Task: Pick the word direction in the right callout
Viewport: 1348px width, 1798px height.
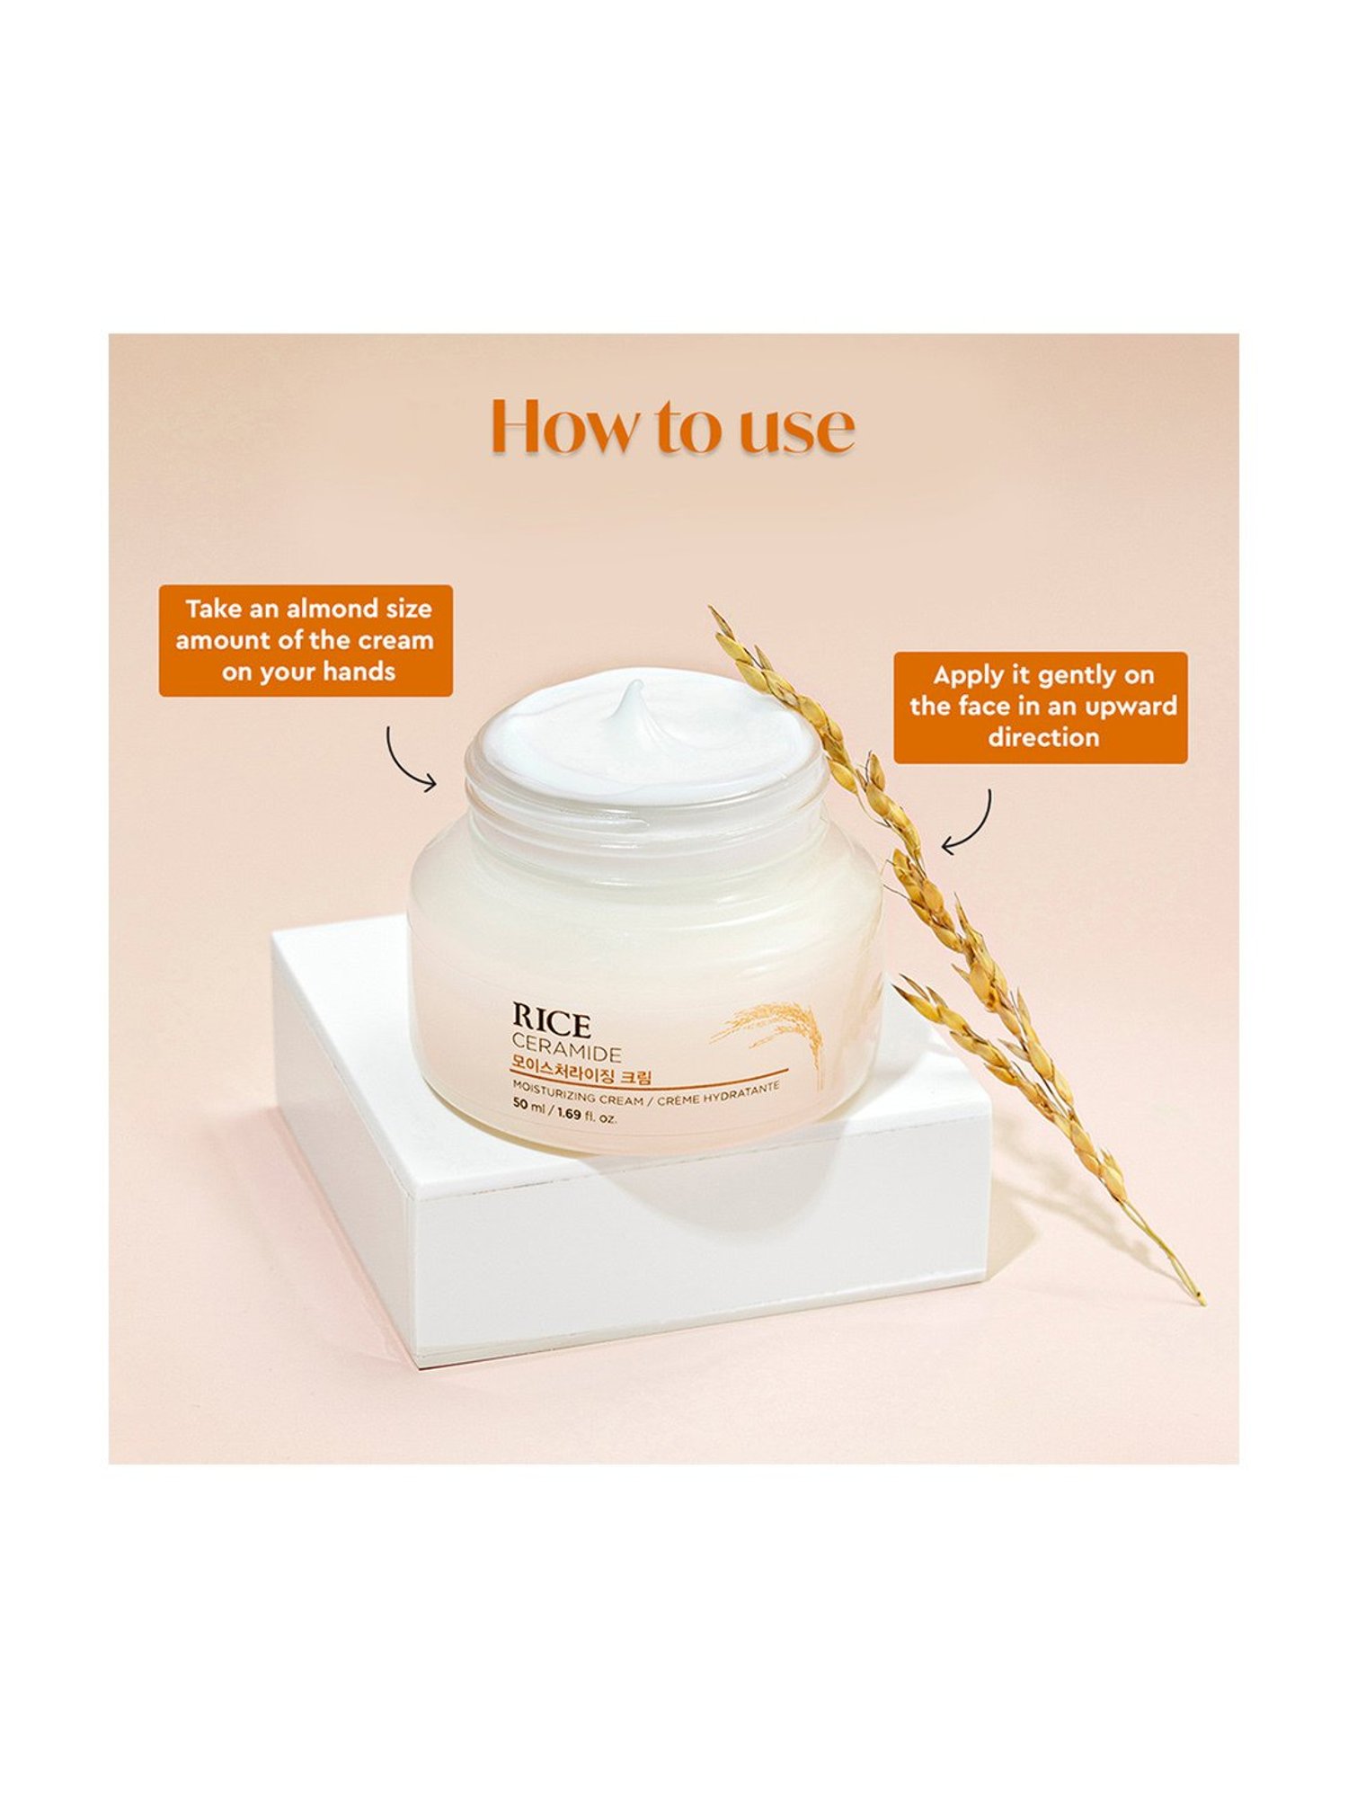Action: (x=1043, y=738)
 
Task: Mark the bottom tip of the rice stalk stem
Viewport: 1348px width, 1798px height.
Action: (x=1202, y=1301)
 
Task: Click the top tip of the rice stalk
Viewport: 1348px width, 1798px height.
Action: (x=712, y=610)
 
